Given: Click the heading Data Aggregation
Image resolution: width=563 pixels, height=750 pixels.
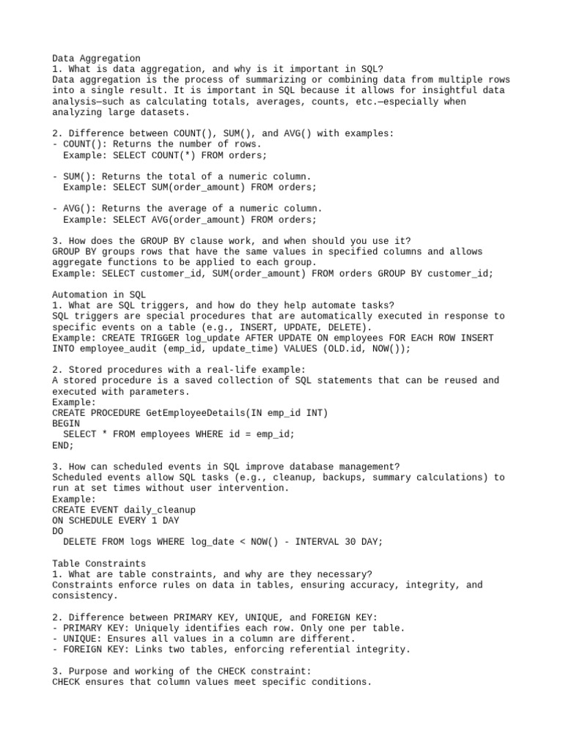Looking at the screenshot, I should click(96, 59).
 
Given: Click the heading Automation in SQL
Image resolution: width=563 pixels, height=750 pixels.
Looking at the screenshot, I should click(99, 294).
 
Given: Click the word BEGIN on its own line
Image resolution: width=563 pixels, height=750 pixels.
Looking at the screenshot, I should click(66, 424).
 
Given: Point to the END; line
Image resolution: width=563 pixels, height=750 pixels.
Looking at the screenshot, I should click(63, 445).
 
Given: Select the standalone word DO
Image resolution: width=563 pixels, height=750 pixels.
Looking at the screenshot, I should click(58, 531).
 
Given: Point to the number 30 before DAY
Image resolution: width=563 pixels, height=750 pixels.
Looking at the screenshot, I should click(347, 542).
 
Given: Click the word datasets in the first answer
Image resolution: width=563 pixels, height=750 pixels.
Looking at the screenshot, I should click(165, 113).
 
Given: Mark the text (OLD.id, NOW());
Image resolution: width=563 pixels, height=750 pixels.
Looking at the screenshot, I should click(367, 349).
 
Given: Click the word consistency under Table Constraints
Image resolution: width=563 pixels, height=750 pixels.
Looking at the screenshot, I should click(85, 596).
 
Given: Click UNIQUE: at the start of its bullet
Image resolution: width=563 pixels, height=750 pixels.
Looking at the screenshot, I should click(85, 639).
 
